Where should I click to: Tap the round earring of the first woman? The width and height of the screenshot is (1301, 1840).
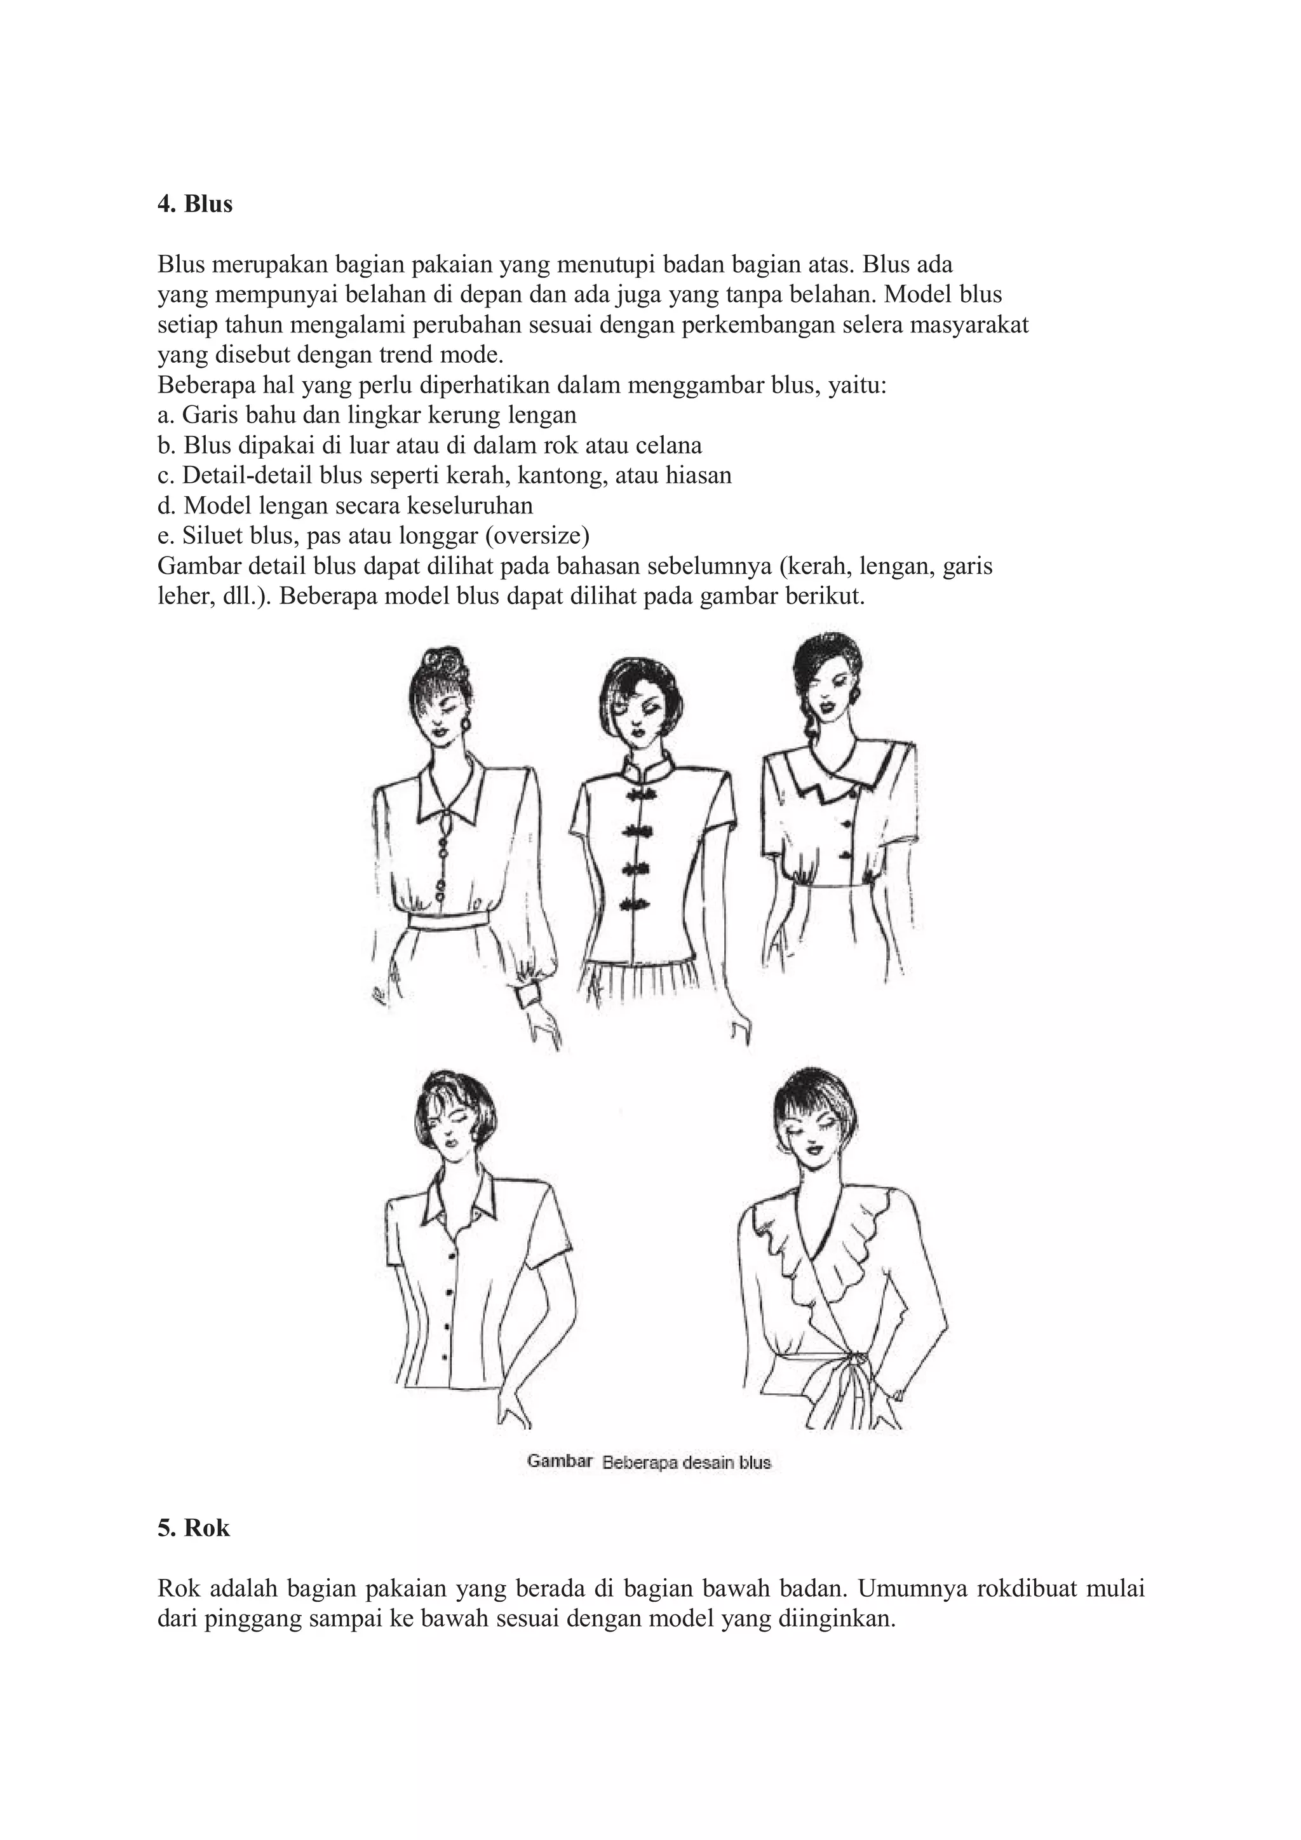click(468, 725)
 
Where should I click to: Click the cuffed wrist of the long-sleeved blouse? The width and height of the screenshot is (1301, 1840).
click(530, 997)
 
